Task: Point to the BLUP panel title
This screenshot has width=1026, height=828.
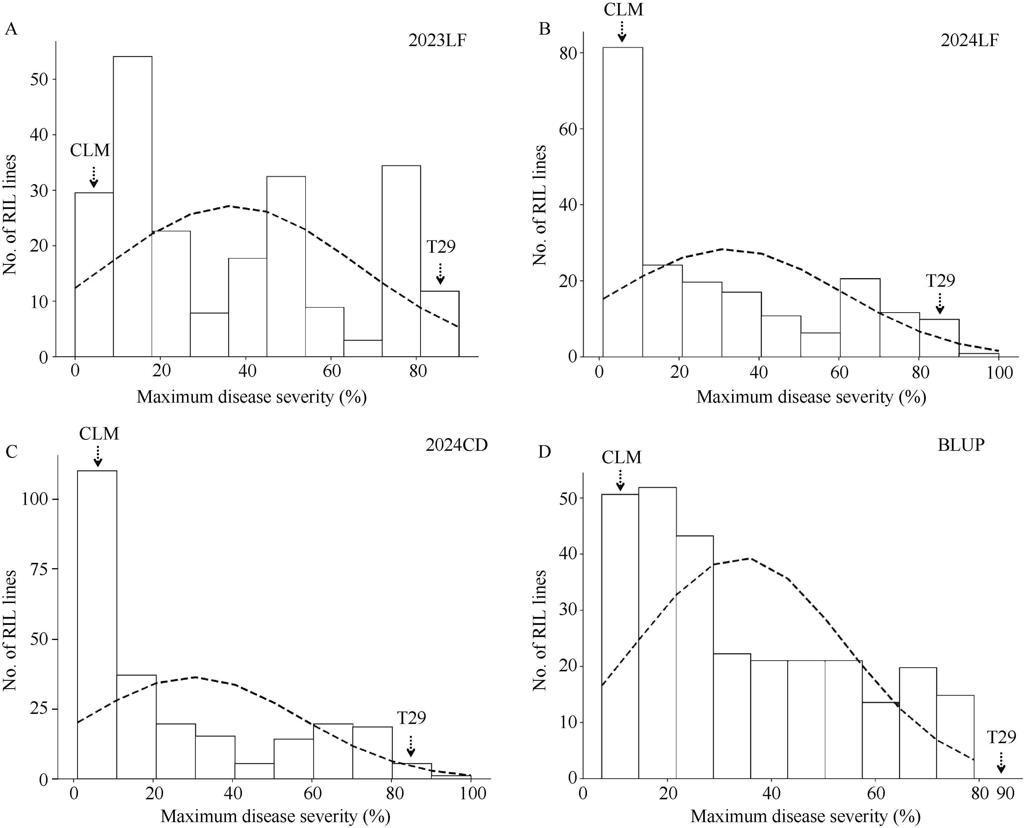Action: click(x=961, y=445)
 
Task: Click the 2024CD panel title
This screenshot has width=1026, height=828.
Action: click(x=456, y=445)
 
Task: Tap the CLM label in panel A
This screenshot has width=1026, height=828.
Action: click(x=90, y=151)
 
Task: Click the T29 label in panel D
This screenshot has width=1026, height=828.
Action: click(x=1001, y=737)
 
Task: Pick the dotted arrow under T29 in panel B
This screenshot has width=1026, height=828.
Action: click(x=940, y=303)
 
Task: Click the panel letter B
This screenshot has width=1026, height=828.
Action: click(x=544, y=30)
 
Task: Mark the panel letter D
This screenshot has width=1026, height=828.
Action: click(x=544, y=452)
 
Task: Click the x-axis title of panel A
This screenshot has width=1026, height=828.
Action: click(x=252, y=397)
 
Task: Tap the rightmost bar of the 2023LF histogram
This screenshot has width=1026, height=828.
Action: click(x=439, y=324)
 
